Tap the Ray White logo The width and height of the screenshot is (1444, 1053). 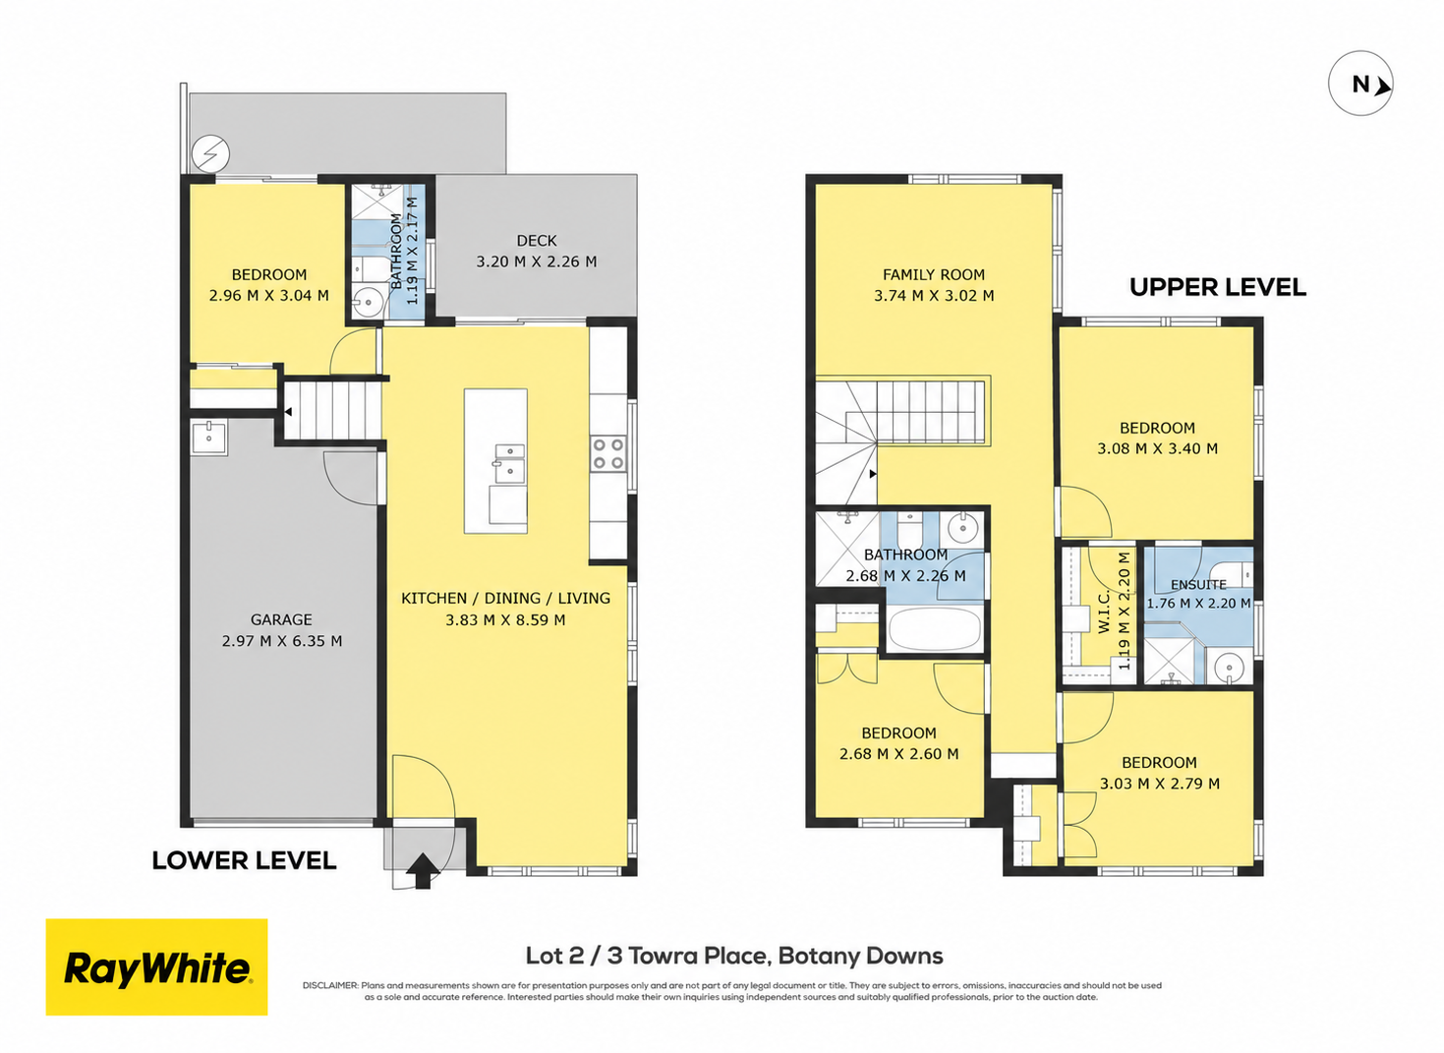pyautogui.click(x=156, y=966)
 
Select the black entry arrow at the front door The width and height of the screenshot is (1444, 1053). pyautogui.click(x=423, y=871)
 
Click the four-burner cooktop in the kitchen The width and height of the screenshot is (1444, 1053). pyautogui.click(x=608, y=453)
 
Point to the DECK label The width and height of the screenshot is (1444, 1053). pyautogui.click(x=537, y=241)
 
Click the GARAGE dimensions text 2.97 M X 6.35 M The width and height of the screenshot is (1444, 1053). pyautogui.click(x=282, y=641)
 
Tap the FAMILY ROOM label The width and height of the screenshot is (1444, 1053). pyautogui.click(x=934, y=274)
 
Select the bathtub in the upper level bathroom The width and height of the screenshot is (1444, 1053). pyautogui.click(x=935, y=628)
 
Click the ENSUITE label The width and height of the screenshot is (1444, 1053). pyautogui.click(x=1198, y=585)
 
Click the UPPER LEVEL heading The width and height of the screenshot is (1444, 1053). pyautogui.click(x=1218, y=287)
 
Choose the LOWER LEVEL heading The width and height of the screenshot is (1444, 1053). pyautogui.click(x=244, y=861)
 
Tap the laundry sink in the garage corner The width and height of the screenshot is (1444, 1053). pyautogui.click(x=208, y=438)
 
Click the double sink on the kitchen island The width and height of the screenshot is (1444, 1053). pyautogui.click(x=509, y=463)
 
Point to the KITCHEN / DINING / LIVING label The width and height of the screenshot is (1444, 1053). pyautogui.click(x=505, y=599)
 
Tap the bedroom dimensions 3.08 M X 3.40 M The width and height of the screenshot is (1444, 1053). pyautogui.click(x=1157, y=448)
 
